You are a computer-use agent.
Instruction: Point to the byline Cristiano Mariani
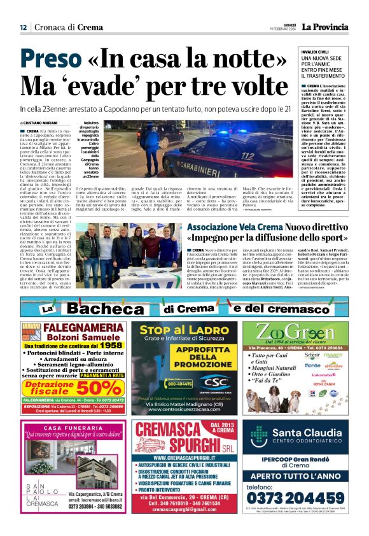(41, 123)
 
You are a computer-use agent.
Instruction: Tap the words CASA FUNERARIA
(71, 427)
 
